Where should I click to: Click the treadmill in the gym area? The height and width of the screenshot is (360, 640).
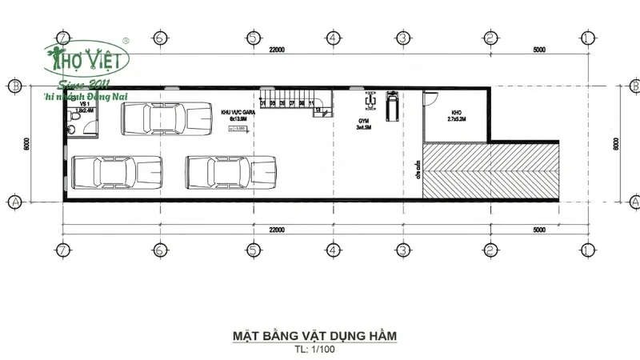391,106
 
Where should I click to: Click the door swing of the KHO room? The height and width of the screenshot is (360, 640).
430,98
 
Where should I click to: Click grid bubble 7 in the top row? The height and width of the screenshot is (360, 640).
62,38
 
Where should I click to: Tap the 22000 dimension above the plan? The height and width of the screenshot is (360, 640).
277,50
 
